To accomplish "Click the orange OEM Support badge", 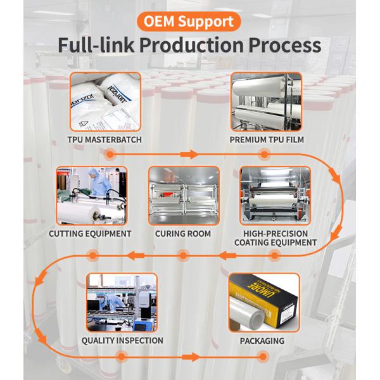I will (190, 20).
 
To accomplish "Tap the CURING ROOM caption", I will (183, 233).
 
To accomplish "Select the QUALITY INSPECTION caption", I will (122, 341).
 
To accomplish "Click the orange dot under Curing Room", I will (183, 255).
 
